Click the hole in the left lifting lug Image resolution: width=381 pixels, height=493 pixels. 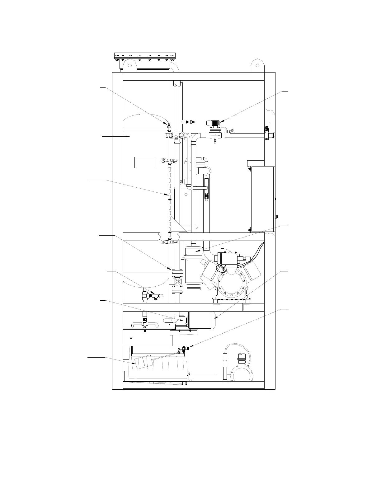tap(129, 66)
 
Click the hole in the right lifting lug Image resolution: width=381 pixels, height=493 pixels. tap(258, 66)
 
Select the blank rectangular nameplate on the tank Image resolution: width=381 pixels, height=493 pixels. tap(145, 162)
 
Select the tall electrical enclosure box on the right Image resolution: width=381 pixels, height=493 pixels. tap(262, 199)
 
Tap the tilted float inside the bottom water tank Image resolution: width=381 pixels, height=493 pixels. tap(142, 362)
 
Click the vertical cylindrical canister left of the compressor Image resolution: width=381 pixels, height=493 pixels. tap(193, 266)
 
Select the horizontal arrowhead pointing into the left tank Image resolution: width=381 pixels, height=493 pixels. tap(129, 136)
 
